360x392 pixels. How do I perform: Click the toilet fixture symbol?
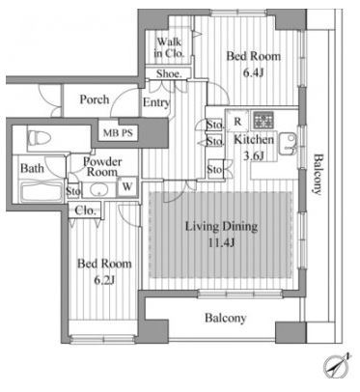40,139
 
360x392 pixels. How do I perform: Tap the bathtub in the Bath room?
41,192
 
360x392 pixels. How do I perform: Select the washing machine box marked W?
127,186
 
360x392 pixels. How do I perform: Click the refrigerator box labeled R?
237,121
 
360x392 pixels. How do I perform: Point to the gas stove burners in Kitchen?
263,120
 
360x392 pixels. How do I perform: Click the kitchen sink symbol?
289,144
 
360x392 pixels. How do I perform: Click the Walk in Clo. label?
169,47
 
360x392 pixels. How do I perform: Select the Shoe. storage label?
169,74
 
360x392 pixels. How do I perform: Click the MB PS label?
118,132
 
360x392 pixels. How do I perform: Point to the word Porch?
95,99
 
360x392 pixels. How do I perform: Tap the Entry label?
156,102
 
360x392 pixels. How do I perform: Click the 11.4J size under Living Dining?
221,242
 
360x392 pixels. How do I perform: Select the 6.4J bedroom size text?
254,73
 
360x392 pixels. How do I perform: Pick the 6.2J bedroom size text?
104,281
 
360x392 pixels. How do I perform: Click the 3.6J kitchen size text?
253,155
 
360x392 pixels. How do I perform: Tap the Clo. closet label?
85,210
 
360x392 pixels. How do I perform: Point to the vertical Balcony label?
318,175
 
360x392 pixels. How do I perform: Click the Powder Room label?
102,166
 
